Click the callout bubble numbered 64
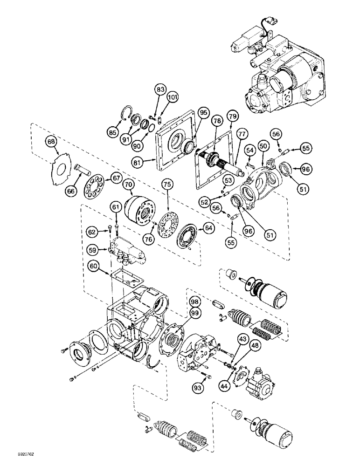pyautogui.click(x=208, y=228)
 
